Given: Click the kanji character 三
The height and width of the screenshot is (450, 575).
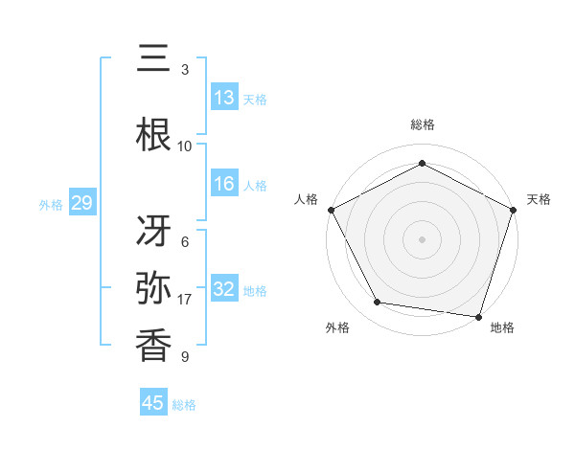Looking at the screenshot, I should pos(154,60).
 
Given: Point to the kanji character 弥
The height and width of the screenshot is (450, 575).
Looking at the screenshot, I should pos(154,288).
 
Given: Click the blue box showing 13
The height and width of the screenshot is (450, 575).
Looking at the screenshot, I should pos(224,98).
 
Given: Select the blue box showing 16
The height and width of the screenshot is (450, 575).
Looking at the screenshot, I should pos(224,184).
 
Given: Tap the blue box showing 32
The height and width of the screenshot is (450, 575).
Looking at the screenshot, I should pos(224,289).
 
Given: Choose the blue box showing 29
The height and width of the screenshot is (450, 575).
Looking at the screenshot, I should pos(81,203).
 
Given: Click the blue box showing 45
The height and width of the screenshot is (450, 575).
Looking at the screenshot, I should pos(153,403).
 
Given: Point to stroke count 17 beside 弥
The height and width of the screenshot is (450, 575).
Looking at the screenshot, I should pos(185,300).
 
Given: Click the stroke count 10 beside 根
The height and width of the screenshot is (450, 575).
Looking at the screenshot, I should pos(185,146).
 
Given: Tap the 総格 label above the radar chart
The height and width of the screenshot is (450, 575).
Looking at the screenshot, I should pos(422,124).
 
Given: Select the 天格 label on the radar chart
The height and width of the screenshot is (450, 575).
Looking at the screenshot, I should pos(540,199).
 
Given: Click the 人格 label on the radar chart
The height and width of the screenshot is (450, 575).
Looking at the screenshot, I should pos(307,199).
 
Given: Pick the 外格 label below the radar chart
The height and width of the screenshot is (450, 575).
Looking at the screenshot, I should pos(337,327).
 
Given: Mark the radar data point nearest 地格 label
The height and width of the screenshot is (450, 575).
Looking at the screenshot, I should pos(479,316).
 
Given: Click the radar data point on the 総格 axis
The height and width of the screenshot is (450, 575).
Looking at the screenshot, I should pos(422,163).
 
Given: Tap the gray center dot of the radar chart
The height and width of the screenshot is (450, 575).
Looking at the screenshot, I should pos(422,238).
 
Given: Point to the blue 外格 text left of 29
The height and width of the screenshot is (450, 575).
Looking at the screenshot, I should pos(51,204).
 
